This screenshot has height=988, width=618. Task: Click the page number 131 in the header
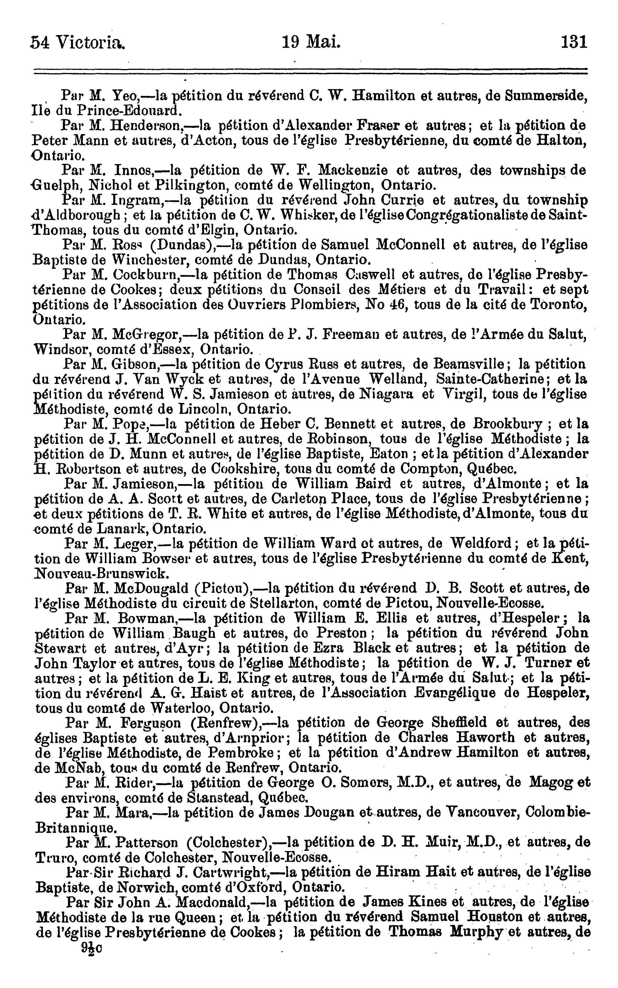pyautogui.click(x=574, y=42)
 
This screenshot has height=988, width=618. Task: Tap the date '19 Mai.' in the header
pyautogui.click(x=311, y=42)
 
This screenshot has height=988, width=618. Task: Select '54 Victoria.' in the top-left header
pyautogui.click(x=78, y=42)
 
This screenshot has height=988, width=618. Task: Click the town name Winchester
pyautogui.click(x=150, y=259)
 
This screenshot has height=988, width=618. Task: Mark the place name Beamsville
pyautogui.click(x=470, y=363)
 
